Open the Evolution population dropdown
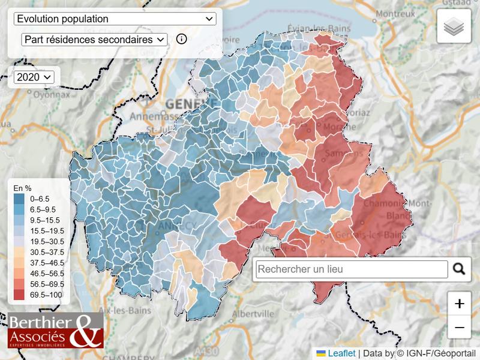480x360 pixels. [x=115, y=19]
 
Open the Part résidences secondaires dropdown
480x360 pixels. [x=94, y=40]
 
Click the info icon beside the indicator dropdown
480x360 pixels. [x=181, y=39]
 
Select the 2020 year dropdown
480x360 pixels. [x=34, y=77]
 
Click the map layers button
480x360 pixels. [x=454, y=26]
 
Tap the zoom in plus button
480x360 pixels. [x=460, y=304]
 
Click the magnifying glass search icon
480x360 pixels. [x=459, y=269]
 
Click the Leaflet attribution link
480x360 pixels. [x=341, y=353]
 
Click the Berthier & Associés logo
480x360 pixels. [x=55, y=330]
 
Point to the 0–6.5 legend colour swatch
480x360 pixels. [x=19, y=198]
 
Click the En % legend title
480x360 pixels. [x=22, y=188]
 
